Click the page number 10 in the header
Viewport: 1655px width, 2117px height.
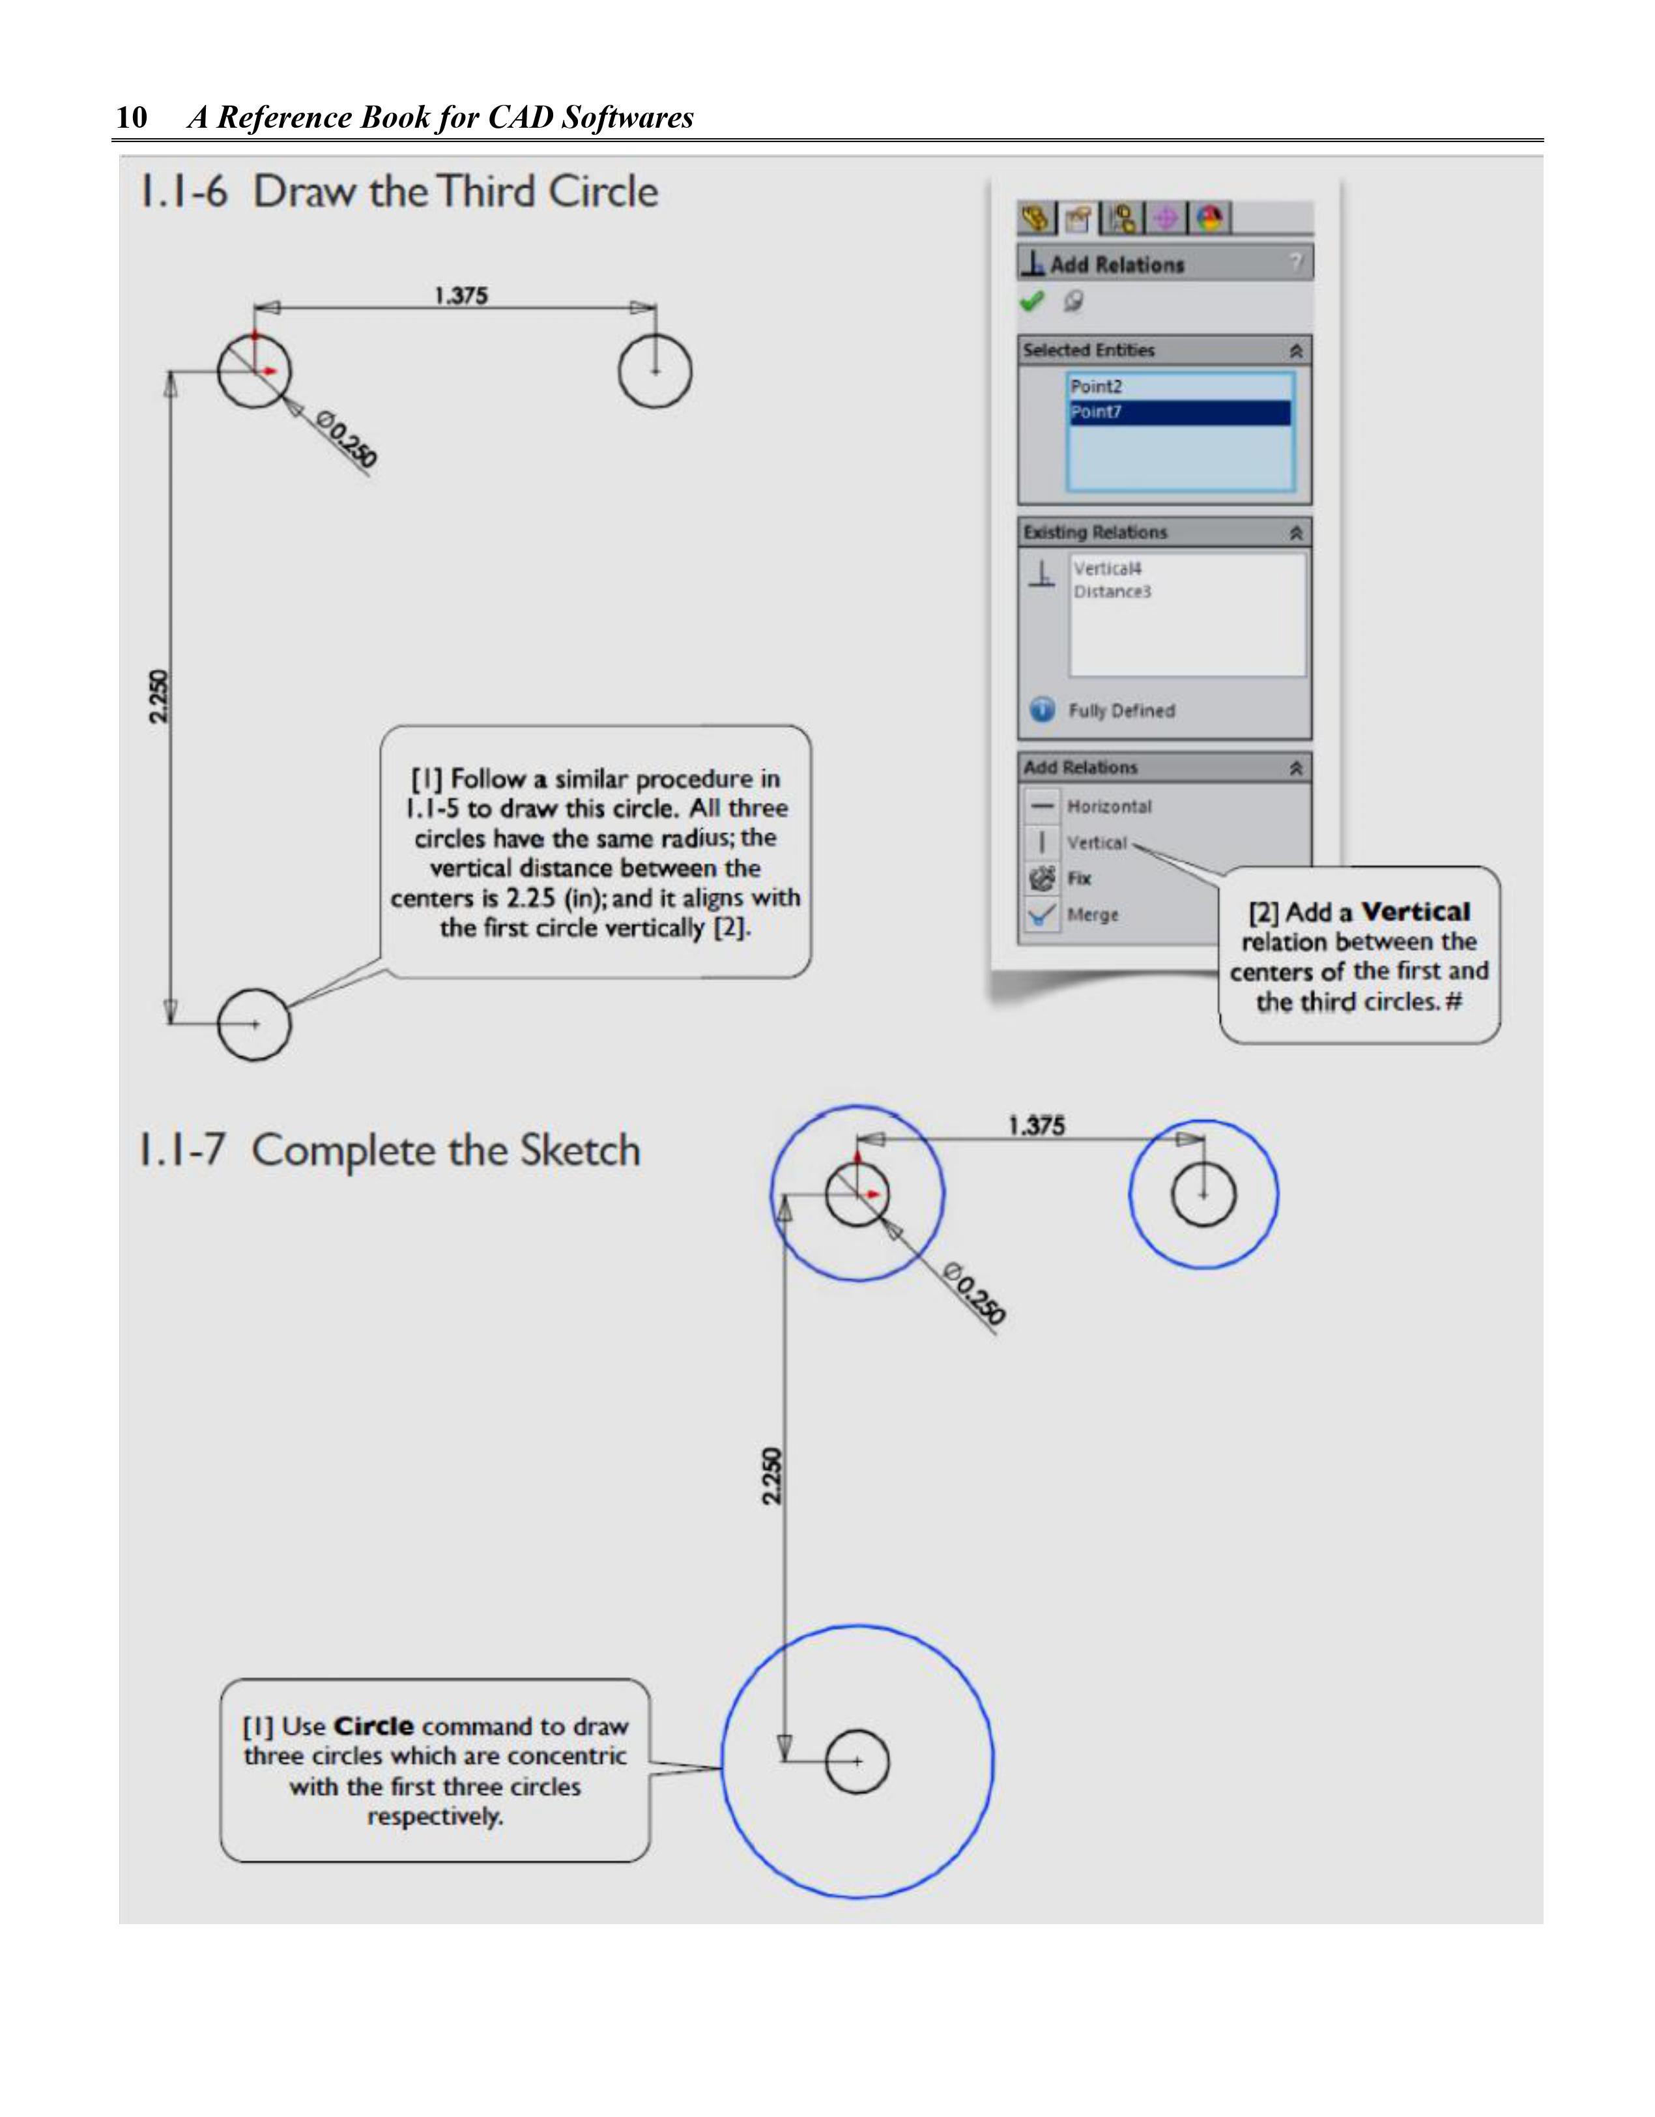(x=132, y=117)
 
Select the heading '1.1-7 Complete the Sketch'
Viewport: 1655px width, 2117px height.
(x=389, y=1151)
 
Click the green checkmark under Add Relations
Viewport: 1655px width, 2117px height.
(x=1031, y=302)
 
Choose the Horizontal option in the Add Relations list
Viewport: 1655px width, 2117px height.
(x=1108, y=807)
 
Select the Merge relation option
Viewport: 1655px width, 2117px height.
(x=1091, y=914)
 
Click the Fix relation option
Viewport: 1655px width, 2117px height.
(x=1078, y=878)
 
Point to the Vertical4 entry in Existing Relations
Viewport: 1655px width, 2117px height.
(x=1106, y=568)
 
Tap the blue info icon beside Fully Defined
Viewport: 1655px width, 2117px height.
(x=1041, y=710)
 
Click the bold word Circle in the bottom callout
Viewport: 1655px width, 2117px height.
(x=373, y=1725)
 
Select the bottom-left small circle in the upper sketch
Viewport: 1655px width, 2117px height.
(x=254, y=1024)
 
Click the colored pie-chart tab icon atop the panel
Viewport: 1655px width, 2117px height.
(x=1209, y=219)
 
